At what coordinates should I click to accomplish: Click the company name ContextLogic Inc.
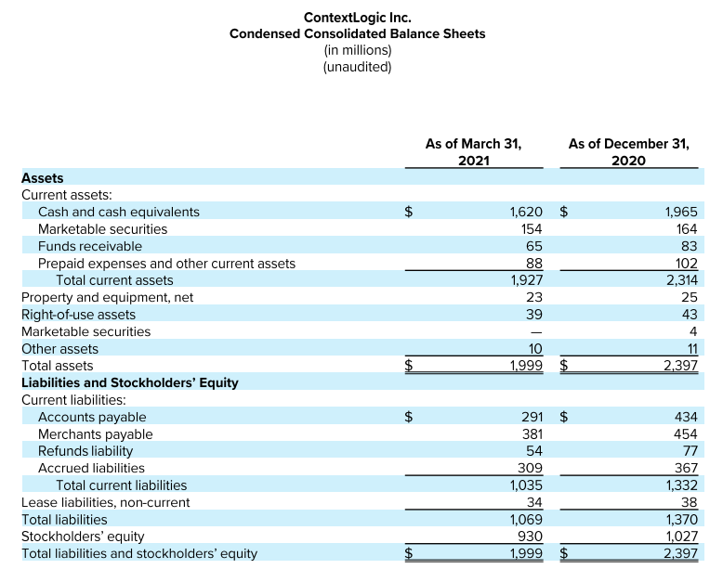357,18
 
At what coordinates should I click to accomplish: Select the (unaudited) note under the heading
357,67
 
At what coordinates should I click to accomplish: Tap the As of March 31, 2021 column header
474,152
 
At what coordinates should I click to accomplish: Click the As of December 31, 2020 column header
628,152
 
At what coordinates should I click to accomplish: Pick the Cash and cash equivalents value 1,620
526,212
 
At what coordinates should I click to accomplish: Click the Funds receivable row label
89,246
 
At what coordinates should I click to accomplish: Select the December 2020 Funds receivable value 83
689,246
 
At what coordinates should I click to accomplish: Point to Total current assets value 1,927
527,280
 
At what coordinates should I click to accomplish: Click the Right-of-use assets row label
78,315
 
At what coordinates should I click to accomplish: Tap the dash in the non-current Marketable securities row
536,332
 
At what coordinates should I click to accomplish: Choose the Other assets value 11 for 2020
691,349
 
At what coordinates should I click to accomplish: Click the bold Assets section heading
43,178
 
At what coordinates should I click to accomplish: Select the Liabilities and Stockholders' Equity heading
130,382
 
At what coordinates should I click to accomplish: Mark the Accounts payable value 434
686,417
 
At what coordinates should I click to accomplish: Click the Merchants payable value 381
532,434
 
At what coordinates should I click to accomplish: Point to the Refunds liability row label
85,451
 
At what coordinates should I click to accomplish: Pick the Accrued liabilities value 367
686,468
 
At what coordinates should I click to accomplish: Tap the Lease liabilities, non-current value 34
534,502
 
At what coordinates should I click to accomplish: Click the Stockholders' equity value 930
530,537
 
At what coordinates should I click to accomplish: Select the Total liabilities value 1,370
681,519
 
